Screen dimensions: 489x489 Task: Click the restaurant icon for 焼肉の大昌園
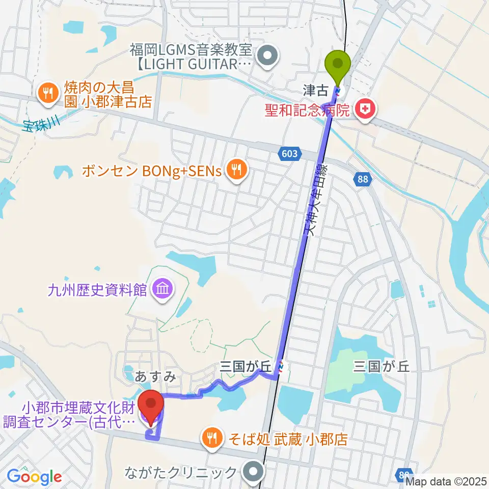point(48,92)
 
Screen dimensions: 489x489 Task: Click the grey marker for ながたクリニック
point(253,471)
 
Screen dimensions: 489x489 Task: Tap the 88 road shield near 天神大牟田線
point(362,179)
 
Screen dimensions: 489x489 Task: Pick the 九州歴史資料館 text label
point(97,290)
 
